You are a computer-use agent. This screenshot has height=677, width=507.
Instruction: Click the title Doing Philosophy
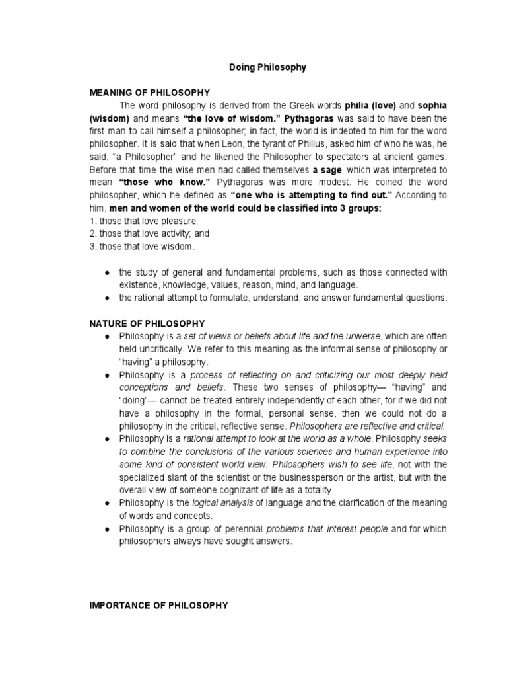coord(267,67)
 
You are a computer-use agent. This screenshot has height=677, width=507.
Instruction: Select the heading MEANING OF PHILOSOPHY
coord(150,93)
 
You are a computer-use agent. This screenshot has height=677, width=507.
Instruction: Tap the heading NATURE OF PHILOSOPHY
coord(147,323)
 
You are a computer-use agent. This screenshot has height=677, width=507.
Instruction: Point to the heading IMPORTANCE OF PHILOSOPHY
coord(159,605)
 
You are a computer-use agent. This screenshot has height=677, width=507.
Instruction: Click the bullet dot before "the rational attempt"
coord(107,298)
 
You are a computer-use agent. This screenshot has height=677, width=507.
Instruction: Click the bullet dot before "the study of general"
coord(107,272)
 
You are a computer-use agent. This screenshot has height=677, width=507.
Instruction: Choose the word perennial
coord(242,529)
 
